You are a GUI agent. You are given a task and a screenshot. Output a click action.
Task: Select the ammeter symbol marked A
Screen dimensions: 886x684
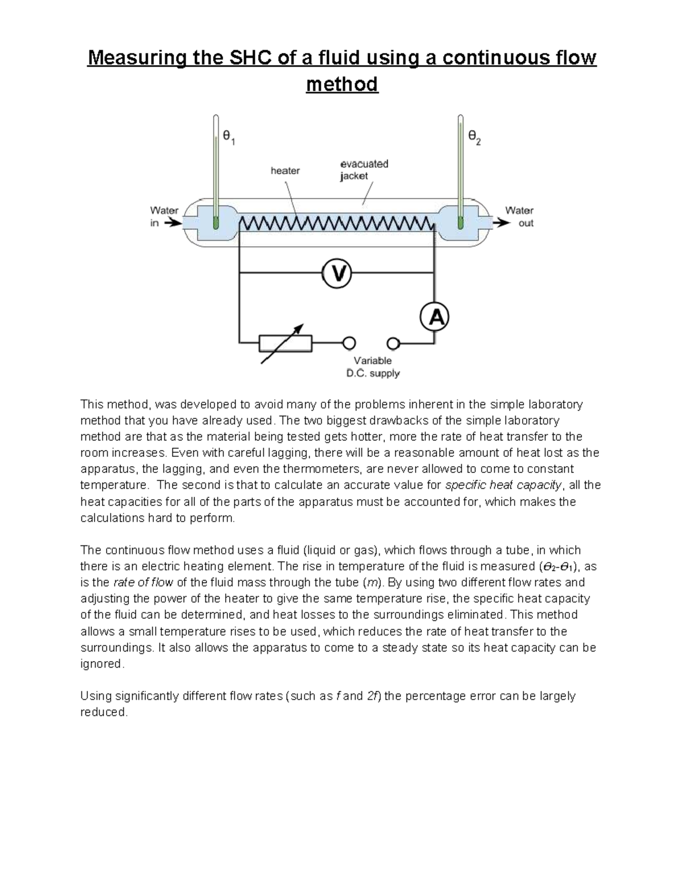(434, 318)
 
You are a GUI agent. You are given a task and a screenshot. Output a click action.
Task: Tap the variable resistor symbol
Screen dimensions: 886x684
(285, 343)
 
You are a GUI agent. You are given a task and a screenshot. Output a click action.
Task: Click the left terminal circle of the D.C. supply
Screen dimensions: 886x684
(349, 343)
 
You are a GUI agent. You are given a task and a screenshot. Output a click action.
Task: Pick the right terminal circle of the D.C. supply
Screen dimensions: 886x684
(393, 343)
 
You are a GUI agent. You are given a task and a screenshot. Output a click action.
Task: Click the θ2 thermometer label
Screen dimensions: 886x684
(474, 137)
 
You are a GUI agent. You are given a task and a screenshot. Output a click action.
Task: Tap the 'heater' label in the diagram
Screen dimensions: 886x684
(285, 171)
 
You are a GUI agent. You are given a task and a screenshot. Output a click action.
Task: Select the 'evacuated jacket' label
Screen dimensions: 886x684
(364, 169)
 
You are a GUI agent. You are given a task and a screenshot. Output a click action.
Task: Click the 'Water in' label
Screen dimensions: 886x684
(164, 216)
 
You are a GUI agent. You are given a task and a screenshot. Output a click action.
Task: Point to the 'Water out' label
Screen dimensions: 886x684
(519, 216)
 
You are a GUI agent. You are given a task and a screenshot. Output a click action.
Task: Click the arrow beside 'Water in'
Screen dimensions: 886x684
(172, 224)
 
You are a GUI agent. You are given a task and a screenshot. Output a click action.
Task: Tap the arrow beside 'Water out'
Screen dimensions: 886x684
(501, 223)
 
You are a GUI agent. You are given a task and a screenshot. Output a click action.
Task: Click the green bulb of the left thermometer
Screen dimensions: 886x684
(215, 222)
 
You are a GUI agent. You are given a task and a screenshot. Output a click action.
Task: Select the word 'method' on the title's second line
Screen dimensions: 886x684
(342, 84)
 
